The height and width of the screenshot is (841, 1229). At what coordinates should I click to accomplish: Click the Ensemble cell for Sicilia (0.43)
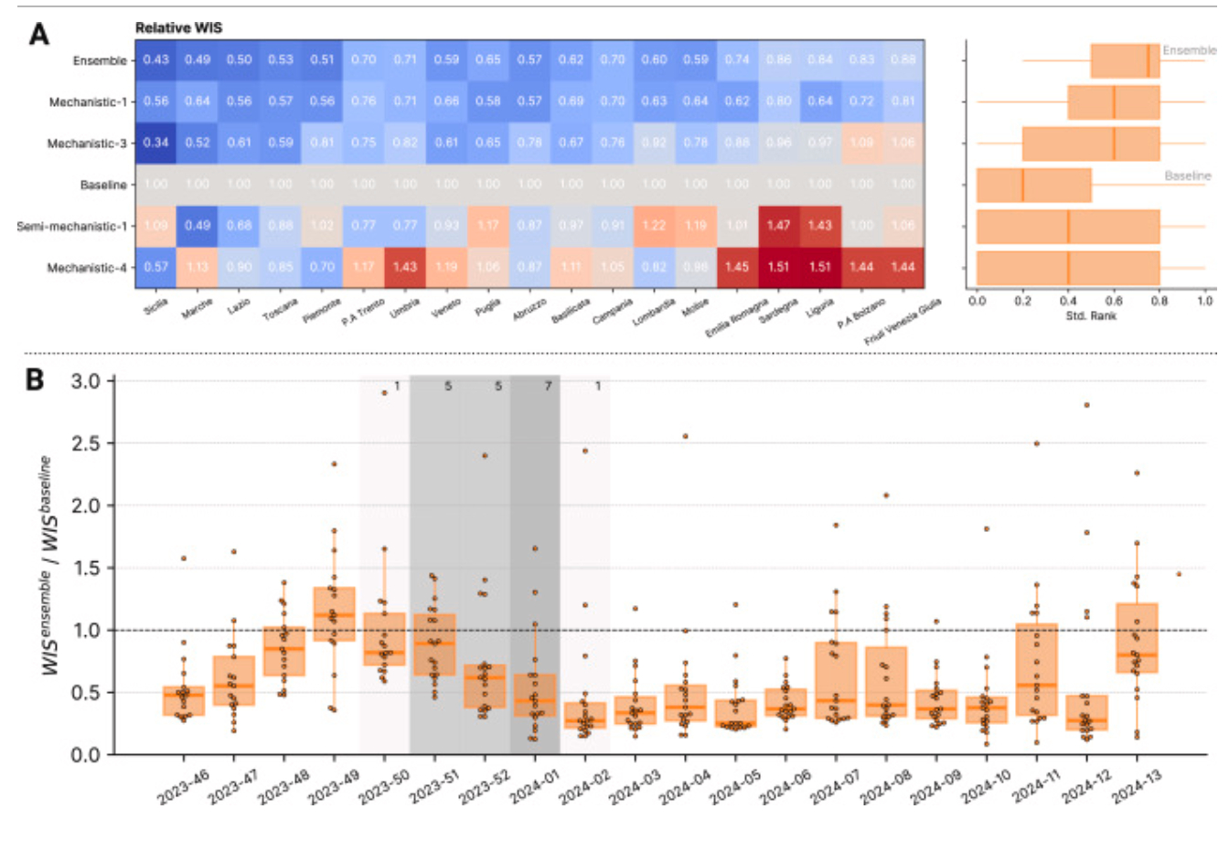156,60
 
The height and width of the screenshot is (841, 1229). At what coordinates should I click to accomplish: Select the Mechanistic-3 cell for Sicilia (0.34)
156,143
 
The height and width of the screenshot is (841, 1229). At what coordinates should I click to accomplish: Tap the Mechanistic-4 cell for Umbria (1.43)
405,267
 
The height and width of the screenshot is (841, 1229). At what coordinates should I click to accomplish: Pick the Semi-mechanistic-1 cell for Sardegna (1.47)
778,226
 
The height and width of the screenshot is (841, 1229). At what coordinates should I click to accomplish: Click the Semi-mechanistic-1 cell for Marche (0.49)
198,226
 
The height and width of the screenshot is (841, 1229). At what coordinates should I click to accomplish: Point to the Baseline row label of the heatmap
103,185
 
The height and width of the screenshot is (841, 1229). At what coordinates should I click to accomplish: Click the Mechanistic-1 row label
88,101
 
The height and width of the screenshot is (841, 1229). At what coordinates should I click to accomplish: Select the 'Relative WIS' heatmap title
179,28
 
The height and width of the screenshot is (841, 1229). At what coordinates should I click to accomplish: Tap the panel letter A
39,34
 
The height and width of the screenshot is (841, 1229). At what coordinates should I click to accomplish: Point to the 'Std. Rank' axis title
1091,316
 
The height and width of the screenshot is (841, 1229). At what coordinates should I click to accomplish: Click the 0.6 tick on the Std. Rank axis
1114,301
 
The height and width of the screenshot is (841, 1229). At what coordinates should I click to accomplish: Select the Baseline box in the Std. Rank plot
1034,185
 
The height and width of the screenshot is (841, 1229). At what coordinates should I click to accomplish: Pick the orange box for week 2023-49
334,614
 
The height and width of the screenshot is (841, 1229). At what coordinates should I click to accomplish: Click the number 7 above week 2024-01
549,387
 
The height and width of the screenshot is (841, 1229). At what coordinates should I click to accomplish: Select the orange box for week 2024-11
1036,669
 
